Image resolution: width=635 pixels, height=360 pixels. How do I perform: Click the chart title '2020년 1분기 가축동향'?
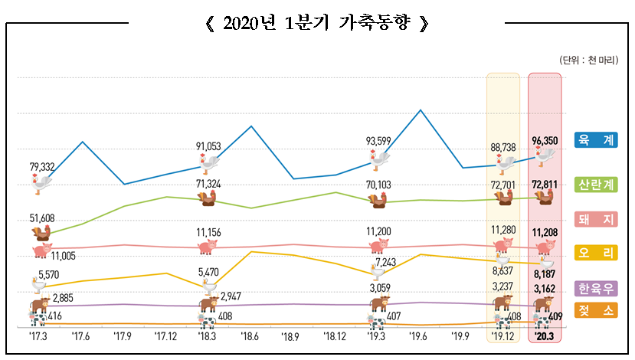click(x=317, y=22)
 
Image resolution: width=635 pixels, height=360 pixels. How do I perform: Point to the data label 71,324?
click(x=208, y=184)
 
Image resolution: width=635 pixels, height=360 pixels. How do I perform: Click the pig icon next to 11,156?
click(x=208, y=247)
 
